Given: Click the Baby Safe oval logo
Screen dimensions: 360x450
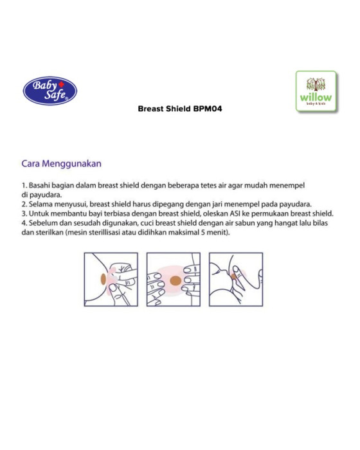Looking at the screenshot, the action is pyautogui.click(x=50, y=91).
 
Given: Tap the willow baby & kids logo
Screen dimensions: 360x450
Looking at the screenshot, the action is pyautogui.click(x=316, y=91).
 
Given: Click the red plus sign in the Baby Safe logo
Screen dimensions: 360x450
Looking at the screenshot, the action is pyautogui.click(x=61, y=84).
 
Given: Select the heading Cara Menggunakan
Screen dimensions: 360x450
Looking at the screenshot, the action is pyautogui.click(x=62, y=163).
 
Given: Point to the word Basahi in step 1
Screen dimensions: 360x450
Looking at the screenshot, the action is pyautogui.click(x=39, y=185).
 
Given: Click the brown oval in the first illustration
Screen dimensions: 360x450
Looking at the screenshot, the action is pyautogui.click(x=104, y=279).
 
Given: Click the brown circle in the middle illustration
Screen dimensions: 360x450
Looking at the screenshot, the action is pyautogui.click(x=175, y=281).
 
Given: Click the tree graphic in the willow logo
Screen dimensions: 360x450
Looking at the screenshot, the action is pyautogui.click(x=316, y=84).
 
